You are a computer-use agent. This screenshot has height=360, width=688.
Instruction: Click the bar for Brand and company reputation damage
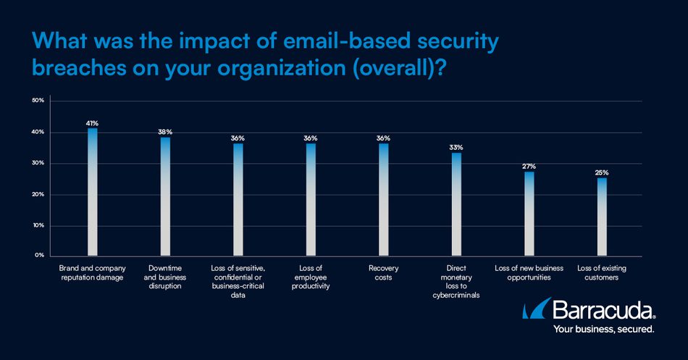click(92, 192)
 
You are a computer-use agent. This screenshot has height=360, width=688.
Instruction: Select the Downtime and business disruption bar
click(165, 196)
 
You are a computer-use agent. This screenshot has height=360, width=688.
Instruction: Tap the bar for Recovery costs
click(383, 199)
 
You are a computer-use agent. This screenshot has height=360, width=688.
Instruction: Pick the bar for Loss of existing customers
click(602, 217)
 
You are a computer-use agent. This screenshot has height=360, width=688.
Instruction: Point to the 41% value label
click(92, 123)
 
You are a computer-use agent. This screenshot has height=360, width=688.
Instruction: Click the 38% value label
click(165, 132)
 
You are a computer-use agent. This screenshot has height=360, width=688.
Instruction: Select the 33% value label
click(456, 148)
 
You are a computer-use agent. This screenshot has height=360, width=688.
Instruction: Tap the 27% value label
click(529, 167)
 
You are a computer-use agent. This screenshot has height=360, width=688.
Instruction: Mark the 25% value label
click(602, 172)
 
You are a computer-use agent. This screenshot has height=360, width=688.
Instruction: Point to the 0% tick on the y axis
click(40, 256)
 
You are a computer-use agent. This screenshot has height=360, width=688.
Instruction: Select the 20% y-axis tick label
click(38, 194)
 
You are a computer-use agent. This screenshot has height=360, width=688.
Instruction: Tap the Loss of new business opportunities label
click(529, 273)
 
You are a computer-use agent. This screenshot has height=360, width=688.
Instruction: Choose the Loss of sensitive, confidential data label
click(238, 282)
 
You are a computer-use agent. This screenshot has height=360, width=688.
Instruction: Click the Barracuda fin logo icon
click(537, 311)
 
